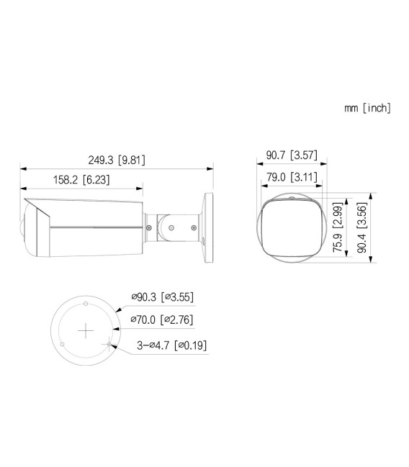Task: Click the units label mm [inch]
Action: [367, 108]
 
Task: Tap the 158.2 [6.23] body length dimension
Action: [81, 179]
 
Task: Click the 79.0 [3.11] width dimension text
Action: [287, 176]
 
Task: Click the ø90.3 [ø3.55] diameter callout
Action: [162, 296]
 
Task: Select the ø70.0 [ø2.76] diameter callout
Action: [162, 319]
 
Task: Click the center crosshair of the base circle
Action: [86, 330]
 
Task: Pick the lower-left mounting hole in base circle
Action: [63, 344]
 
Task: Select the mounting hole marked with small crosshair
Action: [109, 344]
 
